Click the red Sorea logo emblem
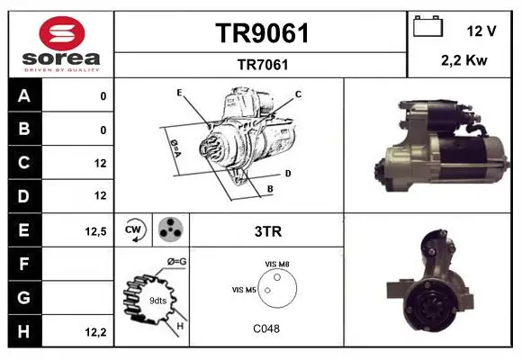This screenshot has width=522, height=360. (x=62, y=33)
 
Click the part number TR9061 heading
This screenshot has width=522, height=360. (x=262, y=33)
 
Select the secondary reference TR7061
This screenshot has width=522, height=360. (x=263, y=65)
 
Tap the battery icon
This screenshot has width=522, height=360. (x=427, y=26)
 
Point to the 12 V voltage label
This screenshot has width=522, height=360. (x=481, y=31)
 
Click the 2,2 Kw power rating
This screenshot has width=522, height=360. (x=464, y=60)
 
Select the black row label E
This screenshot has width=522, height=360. (x=24, y=229)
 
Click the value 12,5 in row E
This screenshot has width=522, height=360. (x=96, y=231)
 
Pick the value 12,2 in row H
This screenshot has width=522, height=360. (x=96, y=332)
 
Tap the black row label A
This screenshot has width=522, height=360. (x=24, y=96)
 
